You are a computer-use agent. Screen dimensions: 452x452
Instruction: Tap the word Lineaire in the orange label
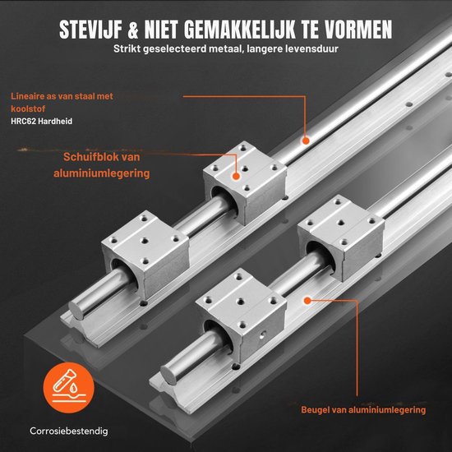(27, 95)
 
